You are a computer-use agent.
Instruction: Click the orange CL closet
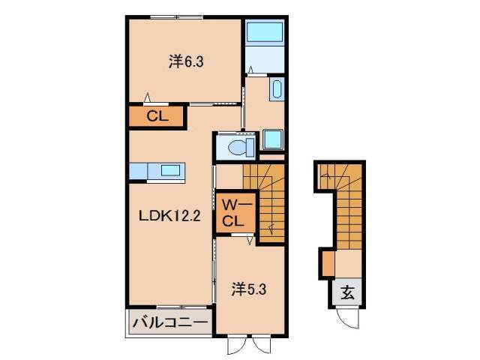(156, 116)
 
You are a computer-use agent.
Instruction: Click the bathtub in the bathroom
(263, 33)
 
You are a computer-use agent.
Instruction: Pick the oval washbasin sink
(274, 90)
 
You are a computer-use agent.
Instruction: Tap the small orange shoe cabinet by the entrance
(328, 265)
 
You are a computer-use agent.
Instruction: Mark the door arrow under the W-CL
(248, 241)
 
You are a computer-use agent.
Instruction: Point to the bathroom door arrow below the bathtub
(252, 72)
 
